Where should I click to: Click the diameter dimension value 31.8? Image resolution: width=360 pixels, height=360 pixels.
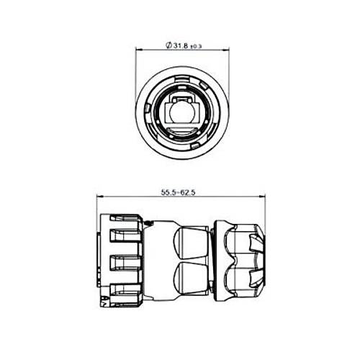(181, 46)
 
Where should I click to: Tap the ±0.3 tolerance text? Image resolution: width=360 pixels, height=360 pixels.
(196, 47)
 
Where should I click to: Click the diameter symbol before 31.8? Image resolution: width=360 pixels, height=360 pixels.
(168, 45)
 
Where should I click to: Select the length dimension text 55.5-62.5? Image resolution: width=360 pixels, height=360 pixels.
(178, 192)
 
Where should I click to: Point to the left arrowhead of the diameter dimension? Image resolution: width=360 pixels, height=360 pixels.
(139, 50)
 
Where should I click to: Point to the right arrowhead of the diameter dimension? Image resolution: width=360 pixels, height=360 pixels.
(226, 50)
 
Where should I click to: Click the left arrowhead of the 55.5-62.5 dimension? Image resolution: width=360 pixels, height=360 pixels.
(99, 197)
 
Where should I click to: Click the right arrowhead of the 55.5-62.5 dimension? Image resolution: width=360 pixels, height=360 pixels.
(262, 197)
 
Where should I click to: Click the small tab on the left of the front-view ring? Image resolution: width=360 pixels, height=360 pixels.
(148, 108)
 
